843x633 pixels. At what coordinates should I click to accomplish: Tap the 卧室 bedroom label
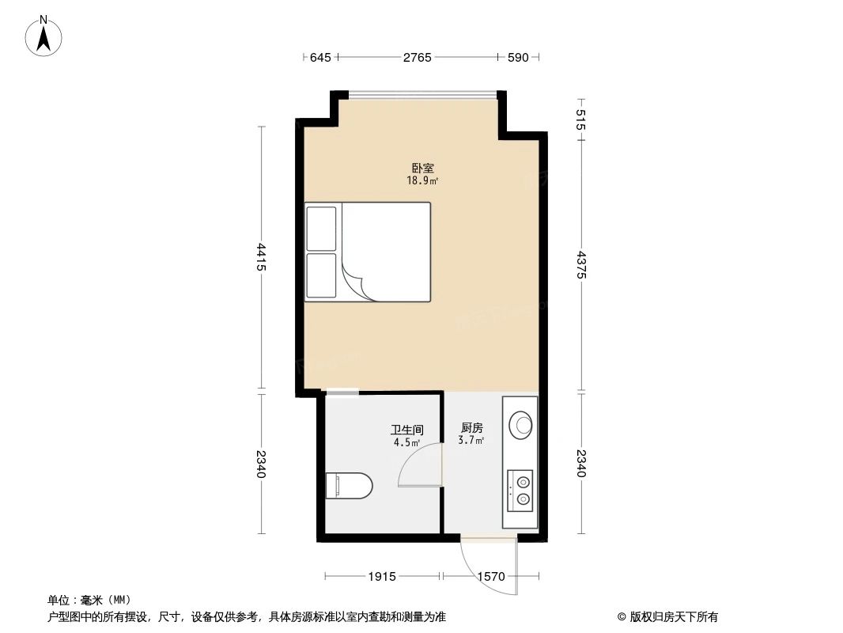coord(422,169)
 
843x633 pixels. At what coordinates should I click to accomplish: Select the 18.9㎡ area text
coord(422,180)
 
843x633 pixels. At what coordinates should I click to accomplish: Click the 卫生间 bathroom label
coord(406,430)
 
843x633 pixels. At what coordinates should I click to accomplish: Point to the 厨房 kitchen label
coord(472,427)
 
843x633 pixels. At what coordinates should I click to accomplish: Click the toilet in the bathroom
coord(349,485)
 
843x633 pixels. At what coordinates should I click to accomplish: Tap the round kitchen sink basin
coord(522,424)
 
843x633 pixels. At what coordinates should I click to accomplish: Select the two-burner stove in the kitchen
coord(522,487)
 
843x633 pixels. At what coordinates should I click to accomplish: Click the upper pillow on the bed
coord(322,229)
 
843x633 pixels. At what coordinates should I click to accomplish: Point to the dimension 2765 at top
coord(417,58)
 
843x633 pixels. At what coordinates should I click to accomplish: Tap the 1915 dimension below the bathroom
coord(382,577)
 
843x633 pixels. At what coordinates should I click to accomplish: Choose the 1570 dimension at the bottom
coord(490,577)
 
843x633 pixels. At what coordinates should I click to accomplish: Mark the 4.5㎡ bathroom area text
coord(406,442)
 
